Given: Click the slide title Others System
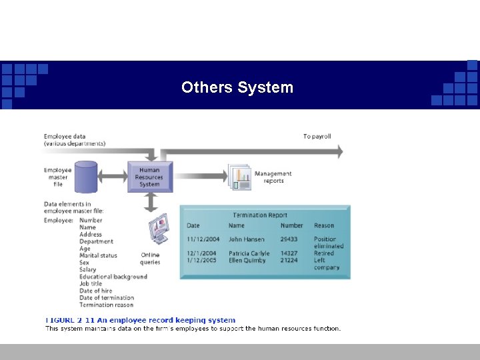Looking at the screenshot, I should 237,87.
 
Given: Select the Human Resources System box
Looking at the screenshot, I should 149,177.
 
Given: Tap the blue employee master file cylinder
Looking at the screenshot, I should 86,177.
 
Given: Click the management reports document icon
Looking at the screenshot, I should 239,177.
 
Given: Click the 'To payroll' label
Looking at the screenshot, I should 317,137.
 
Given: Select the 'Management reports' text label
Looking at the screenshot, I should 273,177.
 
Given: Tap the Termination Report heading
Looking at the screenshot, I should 260,215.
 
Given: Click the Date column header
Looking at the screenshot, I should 193,226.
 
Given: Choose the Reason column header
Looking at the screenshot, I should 324,226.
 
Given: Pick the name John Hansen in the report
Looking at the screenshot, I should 246,239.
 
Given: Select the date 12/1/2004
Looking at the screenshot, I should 203,253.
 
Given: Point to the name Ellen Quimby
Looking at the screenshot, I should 247,261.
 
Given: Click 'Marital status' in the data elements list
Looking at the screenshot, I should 98,255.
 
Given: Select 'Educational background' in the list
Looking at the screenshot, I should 113,277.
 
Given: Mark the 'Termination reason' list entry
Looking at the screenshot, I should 106,305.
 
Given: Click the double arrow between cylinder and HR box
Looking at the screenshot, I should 113,176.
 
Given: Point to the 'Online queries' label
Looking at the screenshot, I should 150,259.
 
